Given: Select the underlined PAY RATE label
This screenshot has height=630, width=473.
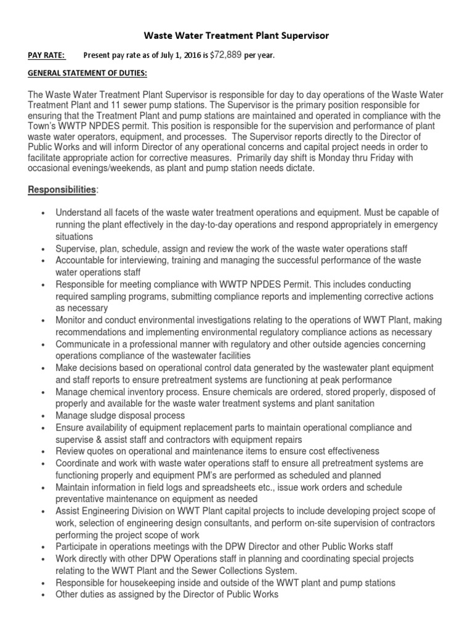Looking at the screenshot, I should tap(46, 55).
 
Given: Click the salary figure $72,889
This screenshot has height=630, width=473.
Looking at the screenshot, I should tap(226, 55).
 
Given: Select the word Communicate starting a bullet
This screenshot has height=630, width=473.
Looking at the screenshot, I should tap(83, 344).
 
